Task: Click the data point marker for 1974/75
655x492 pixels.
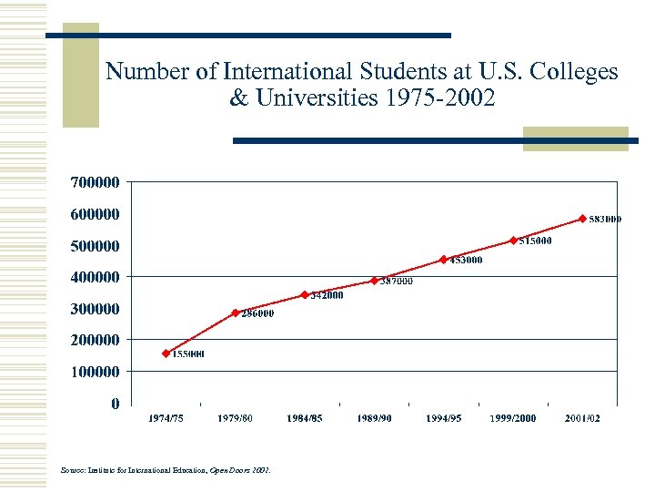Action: pos(166,354)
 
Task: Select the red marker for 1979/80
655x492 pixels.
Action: pos(236,313)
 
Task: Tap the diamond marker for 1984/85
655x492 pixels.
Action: pos(305,294)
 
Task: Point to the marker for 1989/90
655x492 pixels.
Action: pos(374,281)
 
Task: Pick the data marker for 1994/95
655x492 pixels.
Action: pos(443,260)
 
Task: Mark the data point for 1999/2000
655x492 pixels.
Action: pos(513,241)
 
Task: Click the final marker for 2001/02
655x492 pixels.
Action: pos(582,219)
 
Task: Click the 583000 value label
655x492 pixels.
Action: pos(605,220)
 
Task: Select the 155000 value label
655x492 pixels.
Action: pos(188,354)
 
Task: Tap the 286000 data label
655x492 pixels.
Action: pos(257,313)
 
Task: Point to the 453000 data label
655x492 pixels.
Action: pos(465,261)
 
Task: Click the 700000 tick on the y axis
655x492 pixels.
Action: pos(95,182)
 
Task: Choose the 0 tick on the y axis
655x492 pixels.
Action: pos(115,404)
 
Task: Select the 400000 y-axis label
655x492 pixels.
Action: pos(95,277)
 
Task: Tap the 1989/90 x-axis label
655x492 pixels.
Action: pos(374,418)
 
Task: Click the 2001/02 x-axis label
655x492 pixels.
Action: pos(582,418)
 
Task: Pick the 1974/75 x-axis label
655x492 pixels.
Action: pos(166,418)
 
